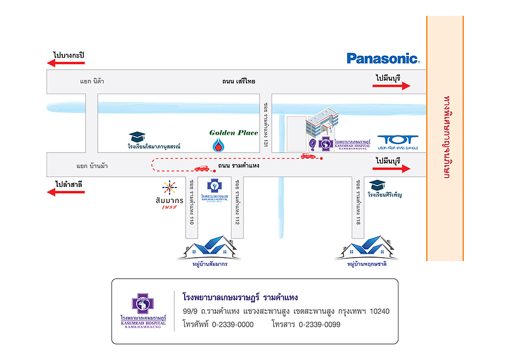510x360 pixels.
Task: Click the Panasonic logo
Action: pos(383,58)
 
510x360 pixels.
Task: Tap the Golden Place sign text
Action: pos(234,133)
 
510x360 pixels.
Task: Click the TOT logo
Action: pos(399,140)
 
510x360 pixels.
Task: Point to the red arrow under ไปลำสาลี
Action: pos(66,192)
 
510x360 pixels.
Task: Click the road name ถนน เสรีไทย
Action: pos(239,81)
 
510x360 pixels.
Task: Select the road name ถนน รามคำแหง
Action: pos(239,166)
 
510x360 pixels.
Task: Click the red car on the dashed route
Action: pos(201,169)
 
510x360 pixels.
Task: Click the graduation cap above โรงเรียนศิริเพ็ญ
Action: pos(377,185)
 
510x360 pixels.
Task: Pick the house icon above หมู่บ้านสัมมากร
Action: pos(210,247)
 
